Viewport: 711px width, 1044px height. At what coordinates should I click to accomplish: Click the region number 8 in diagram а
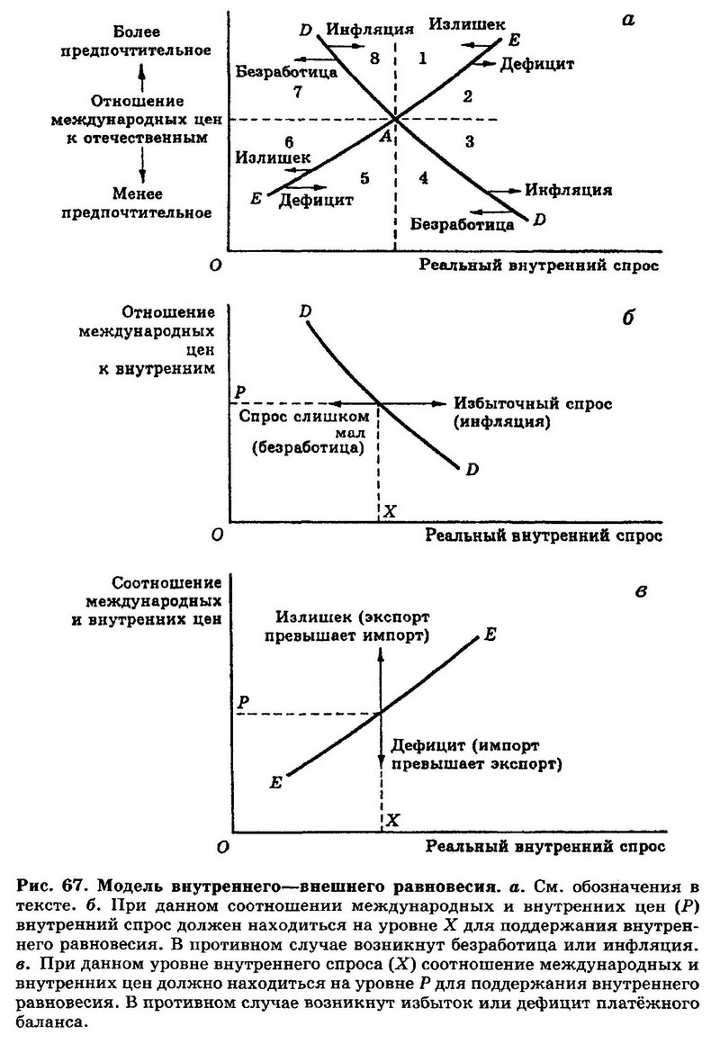pyautogui.click(x=374, y=58)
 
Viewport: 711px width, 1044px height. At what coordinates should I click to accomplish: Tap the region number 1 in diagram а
pyautogui.click(x=422, y=58)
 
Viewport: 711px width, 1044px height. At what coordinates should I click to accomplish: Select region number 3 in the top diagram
pyautogui.click(x=470, y=141)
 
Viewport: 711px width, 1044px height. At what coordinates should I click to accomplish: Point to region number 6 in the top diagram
pyautogui.click(x=288, y=142)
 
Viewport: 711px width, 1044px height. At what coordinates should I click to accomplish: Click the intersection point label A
pyautogui.click(x=385, y=137)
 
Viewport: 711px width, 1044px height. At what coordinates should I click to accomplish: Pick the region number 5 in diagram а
pyautogui.click(x=364, y=178)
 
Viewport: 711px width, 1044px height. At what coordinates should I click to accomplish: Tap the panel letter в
pyautogui.click(x=641, y=590)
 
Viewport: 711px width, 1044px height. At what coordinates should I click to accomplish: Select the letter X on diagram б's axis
pyautogui.click(x=390, y=511)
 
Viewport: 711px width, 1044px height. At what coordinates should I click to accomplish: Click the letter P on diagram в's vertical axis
pyautogui.click(x=243, y=702)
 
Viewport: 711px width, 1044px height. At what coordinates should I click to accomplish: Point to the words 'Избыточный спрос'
pyautogui.click(x=533, y=403)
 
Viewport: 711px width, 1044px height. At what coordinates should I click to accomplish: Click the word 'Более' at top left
pyautogui.click(x=137, y=31)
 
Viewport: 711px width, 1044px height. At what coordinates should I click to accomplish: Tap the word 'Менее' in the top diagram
pyautogui.click(x=137, y=193)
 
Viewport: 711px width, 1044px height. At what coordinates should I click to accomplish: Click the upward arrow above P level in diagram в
pyautogui.click(x=381, y=679)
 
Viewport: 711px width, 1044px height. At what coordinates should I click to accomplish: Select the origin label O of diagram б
pyautogui.click(x=216, y=535)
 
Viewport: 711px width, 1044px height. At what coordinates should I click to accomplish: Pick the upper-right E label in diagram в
pyautogui.click(x=490, y=634)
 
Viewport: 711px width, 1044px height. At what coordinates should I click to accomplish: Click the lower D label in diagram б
pyautogui.click(x=472, y=470)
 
